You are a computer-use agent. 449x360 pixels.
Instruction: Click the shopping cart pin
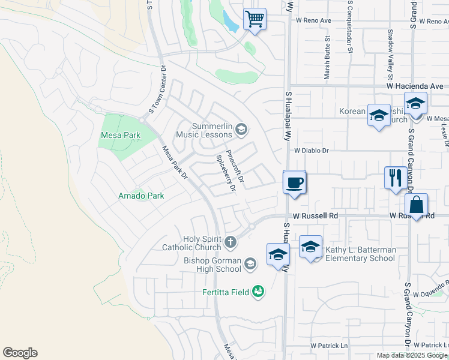click(x=255, y=19)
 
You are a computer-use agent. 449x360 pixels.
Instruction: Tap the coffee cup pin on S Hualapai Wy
click(x=294, y=182)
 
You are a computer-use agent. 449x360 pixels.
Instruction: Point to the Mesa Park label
click(x=121, y=136)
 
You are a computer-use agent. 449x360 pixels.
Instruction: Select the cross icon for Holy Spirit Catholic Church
click(x=231, y=242)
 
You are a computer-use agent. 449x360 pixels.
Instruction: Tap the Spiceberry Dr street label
click(x=224, y=174)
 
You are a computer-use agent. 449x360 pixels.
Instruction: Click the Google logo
click(x=20, y=353)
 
